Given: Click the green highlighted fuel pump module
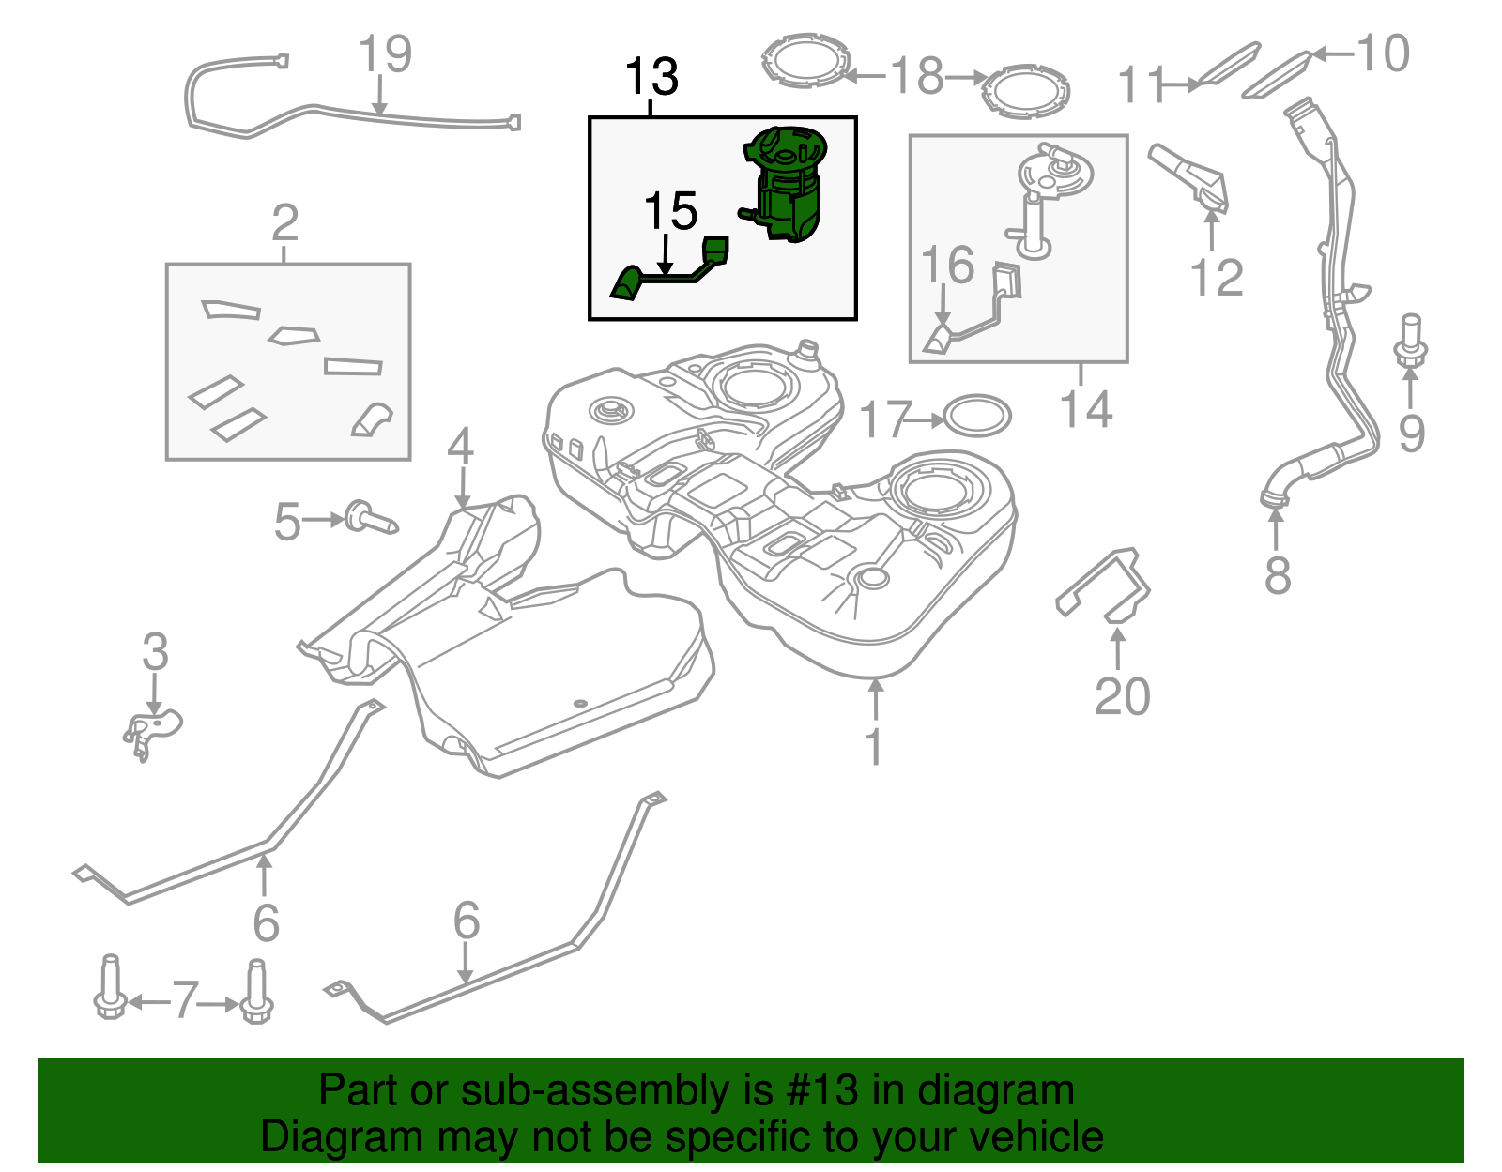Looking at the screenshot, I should (787, 183).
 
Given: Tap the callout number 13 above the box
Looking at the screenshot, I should (651, 77).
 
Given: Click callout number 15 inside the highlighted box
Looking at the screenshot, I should (670, 212).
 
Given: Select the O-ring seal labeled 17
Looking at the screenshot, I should (976, 417).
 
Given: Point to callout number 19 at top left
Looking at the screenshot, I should (385, 54).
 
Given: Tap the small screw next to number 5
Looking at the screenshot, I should (370, 518).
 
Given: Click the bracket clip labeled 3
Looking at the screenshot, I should (152, 730).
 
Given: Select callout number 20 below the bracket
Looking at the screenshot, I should (1122, 697).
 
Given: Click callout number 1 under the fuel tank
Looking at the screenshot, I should (874, 747).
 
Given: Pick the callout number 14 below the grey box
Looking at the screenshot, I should (1085, 410).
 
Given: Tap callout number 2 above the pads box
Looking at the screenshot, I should (284, 223).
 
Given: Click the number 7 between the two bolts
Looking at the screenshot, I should (185, 1001).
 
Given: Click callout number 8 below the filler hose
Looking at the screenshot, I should (1277, 575).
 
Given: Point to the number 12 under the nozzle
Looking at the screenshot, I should (1216, 278).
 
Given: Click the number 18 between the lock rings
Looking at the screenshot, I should (916, 76).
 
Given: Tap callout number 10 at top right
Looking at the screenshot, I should (1382, 53).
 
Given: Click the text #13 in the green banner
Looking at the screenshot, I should (815, 1091).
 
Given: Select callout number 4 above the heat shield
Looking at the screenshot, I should (460, 447).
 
